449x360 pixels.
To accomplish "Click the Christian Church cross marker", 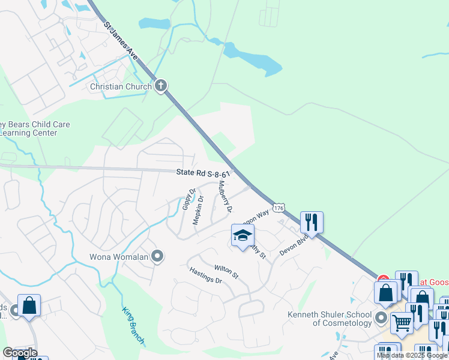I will pyautogui.click(x=160, y=86).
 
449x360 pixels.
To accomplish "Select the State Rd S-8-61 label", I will pyautogui.click(x=203, y=173).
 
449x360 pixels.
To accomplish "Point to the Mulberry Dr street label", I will pyautogui.click(x=224, y=197).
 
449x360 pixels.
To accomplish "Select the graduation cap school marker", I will pyautogui.click(x=243, y=235).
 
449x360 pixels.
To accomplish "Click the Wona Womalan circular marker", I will pyautogui.click(x=157, y=257).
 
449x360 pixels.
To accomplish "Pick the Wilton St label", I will pyautogui.click(x=226, y=272).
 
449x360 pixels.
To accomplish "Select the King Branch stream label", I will pyautogui.click(x=133, y=326).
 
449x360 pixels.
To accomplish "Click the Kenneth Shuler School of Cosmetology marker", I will pyautogui.click(x=380, y=316).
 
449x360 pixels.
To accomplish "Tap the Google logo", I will pyautogui.click(x=20, y=353).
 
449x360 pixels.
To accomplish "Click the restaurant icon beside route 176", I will pyautogui.click(x=312, y=223).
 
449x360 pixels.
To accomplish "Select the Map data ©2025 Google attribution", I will pyautogui.click(x=412, y=355).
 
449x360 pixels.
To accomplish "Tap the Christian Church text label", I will pyautogui.click(x=121, y=86).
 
